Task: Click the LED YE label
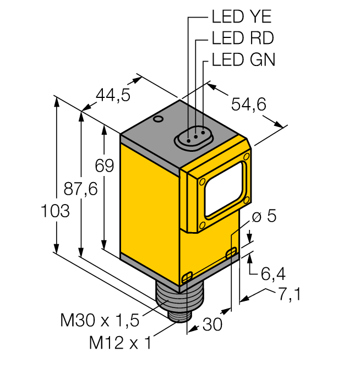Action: [241, 17]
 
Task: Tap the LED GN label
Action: [243, 59]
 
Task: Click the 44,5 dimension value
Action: [113, 95]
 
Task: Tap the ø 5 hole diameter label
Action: [264, 216]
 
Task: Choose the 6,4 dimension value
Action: [272, 271]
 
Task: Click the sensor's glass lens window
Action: [223, 188]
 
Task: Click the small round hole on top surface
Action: [158, 119]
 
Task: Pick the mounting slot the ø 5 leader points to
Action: [232, 252]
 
